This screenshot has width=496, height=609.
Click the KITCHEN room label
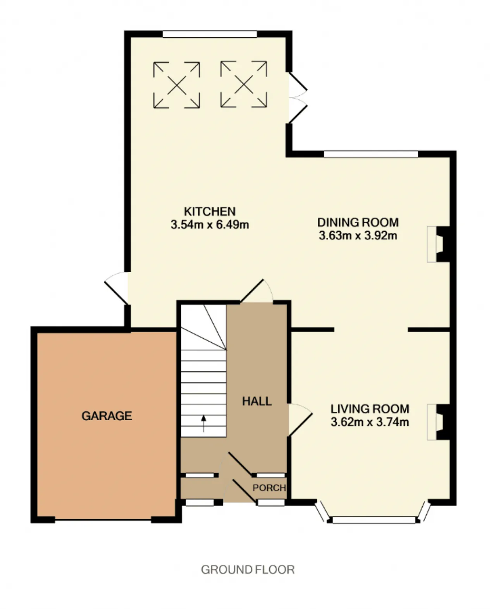pyautogui.click(x=210, y=212)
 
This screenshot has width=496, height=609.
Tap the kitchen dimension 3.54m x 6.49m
pyautogui.click(x=210, y=225)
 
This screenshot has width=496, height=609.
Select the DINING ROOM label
pyautogui.click(x=358, y=223)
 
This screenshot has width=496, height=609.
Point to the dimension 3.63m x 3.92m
pyautogui.click(x=358, y=236)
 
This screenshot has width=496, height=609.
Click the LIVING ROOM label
pyautogui.click(x=370, y=409)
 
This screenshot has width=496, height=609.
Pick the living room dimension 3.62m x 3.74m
pyautogui.click(x=370, y=422)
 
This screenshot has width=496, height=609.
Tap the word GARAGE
pyautogui.click(x=107, y=416)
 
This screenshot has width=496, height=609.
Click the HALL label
pyautogui.click(x=257, y=402)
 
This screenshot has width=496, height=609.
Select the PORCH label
pyautogui.click(x=269, y=488)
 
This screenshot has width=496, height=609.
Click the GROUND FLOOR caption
pyautogui.click(x=248, y=570)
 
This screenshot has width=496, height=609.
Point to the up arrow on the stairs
pyautogui.click(x=203, y=424)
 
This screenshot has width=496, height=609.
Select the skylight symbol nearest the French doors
pyautogui.click(x=244, y=85)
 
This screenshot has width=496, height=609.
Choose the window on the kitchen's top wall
pyautogui.click(x=210, y=34)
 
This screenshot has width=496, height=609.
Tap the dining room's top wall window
pyautogui.click(x=371, y=154)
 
